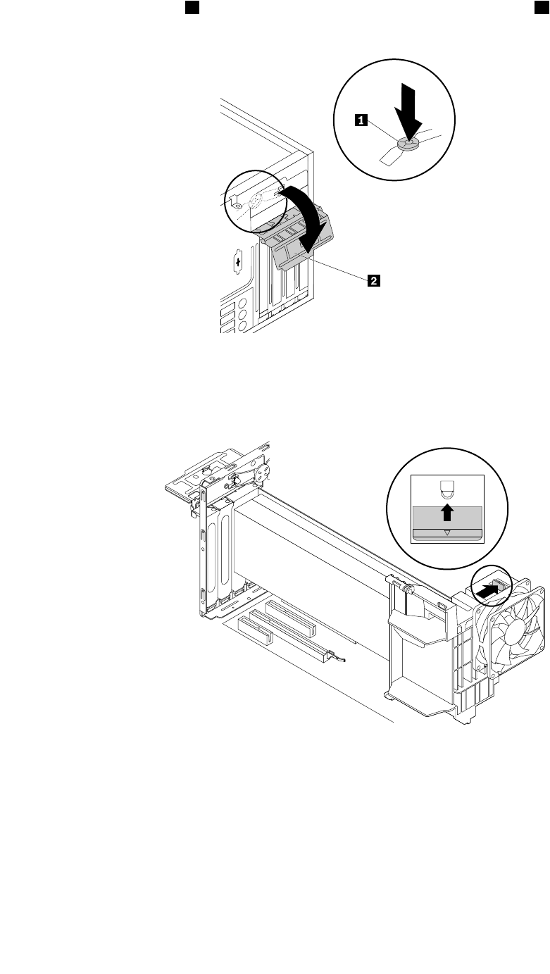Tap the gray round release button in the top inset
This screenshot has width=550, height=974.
[408, 144]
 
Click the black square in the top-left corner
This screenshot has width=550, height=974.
[191, 7]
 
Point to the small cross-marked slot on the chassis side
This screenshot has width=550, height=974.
[237, 263]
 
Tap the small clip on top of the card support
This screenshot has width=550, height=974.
[397, 582]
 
